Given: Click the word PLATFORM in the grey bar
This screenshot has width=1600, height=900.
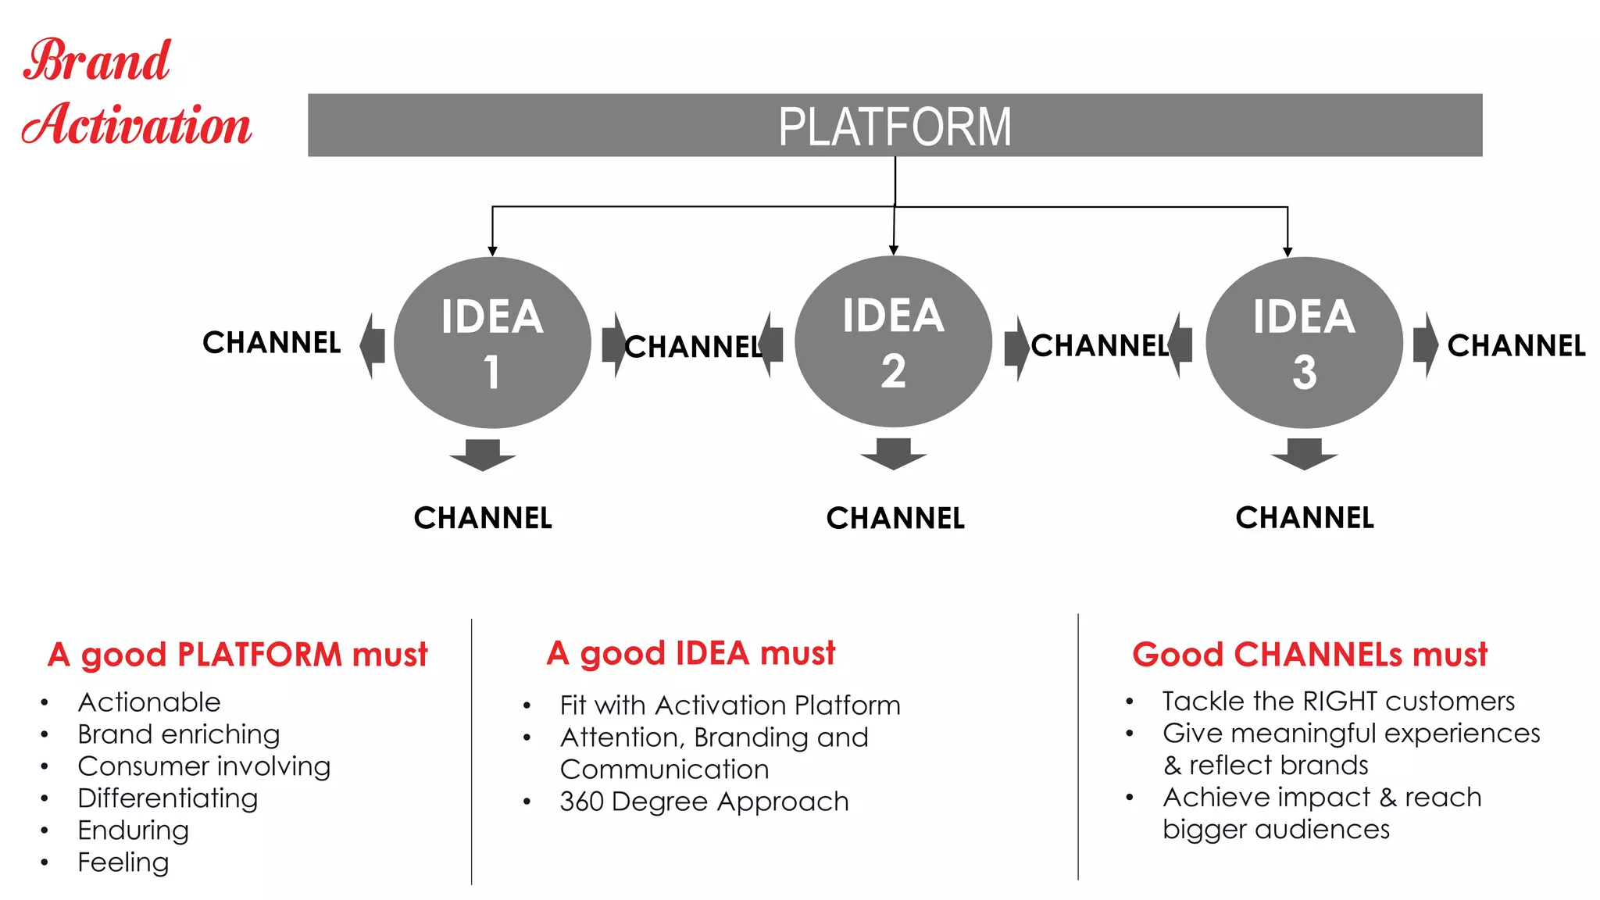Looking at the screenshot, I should pyautogui.click(x=895, y=127).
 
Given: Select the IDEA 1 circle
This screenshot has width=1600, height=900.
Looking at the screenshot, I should pyautogui.click(x=492, y=342).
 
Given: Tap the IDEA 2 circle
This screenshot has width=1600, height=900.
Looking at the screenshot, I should pyautogui.click(x=893, y=341).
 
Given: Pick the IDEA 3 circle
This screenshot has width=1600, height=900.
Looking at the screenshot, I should pyautogui.click(x=1304, y=342).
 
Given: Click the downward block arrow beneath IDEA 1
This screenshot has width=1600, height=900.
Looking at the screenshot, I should pyautogui.click(x=483, y=455).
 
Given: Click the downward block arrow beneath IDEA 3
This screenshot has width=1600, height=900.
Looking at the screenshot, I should pyautogui.click(x=1304, y=454).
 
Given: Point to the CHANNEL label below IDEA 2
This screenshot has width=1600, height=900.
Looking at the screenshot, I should pyautogui.click(x=895, y=518).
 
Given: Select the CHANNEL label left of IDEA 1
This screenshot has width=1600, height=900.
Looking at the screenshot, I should pyautogui.click(x=271, y=342).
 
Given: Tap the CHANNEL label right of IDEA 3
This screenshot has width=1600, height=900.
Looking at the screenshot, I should pyautogui.click(x=1516, y=345).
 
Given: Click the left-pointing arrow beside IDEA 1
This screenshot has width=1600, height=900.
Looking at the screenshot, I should pyautogui.click(x=373, y=345).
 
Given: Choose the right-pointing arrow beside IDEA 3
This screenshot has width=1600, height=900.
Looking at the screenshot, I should pyautogui.click(x=1425, y=345).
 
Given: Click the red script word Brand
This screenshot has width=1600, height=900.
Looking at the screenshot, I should pyautogui.click(x=97, y=61).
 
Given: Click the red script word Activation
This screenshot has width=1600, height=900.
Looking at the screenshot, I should pyautogui.click(x=137, y=125).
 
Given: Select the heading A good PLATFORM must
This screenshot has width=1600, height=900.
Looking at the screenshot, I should pyautogui.click(x=237, y=654).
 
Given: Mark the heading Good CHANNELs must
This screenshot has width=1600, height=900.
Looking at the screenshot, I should pyautogui.click(x=1309, y=654).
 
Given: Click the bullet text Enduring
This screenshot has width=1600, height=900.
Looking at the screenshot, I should pyautogui.click(x=133, y=830).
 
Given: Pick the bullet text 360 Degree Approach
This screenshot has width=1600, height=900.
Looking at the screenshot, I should pyautogui.click(x=704, y=801).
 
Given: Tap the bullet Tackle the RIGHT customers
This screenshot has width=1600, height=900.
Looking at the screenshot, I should pyautogui.click(x=1337, y=701).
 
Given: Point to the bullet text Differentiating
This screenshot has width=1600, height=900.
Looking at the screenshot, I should pyautogui.click(x=167, y=798).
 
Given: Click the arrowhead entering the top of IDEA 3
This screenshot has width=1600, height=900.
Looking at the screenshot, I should pyautogui.click(x=1287, y=252).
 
